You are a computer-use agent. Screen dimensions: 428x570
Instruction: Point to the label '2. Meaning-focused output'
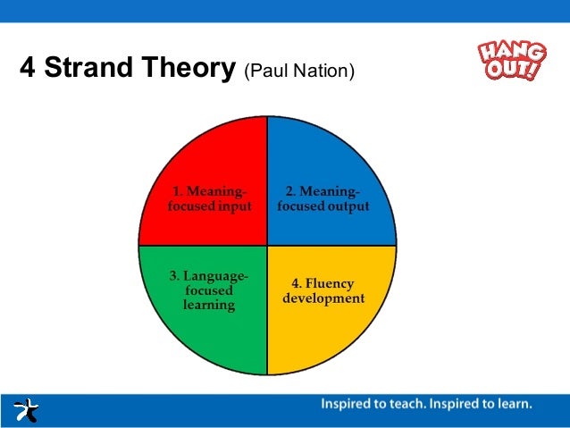(323, 198)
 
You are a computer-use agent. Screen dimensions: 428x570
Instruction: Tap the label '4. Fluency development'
(323, 291)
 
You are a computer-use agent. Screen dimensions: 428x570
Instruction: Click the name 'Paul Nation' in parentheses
(299, 71)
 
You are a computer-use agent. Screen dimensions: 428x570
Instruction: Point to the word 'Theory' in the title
(193, 68)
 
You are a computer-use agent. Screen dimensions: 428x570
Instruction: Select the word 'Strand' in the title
(88, 68)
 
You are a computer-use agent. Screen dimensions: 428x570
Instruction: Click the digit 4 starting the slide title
(27, 68)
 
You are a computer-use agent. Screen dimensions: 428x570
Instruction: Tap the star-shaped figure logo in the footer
(26, 410)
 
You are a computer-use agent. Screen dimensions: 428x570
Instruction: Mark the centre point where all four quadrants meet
(267, 245)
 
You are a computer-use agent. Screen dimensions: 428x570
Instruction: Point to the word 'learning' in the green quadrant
(209, 305)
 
